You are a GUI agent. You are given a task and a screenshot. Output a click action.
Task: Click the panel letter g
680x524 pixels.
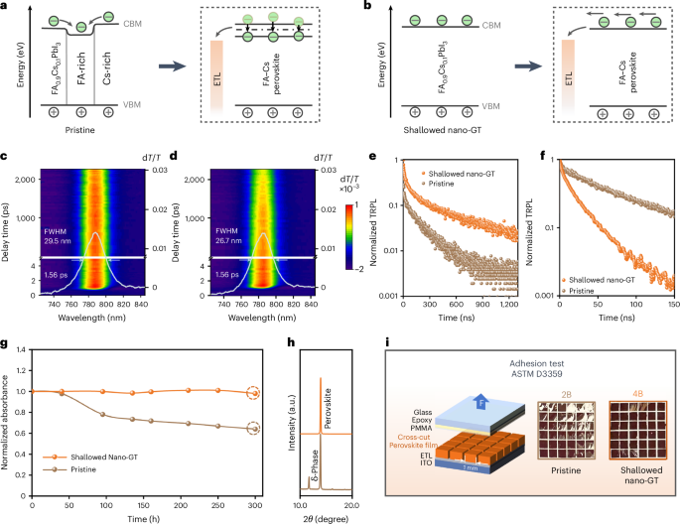[6, 318]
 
